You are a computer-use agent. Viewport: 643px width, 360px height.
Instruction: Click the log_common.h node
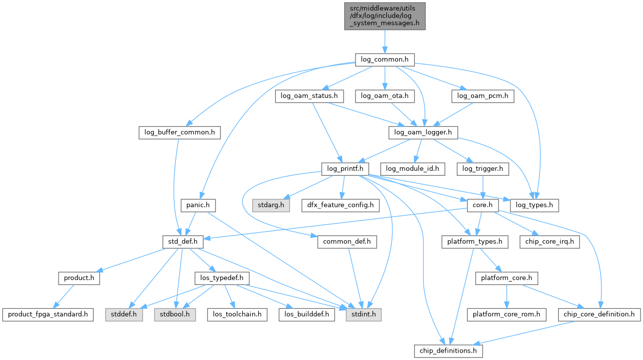coord(384,60)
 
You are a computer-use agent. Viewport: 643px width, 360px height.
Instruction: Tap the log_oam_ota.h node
coord(385,96)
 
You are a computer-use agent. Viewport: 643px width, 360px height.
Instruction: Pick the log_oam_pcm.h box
coord(483,96)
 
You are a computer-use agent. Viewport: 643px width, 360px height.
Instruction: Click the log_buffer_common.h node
coord(179,132)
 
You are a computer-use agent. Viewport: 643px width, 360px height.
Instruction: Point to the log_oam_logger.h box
coord(423,132)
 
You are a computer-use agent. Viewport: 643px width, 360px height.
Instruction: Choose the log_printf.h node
coord(346,169)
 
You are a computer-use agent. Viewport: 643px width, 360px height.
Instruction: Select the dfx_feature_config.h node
coord(340,205)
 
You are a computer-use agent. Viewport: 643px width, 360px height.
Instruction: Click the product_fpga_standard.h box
coord(48,314)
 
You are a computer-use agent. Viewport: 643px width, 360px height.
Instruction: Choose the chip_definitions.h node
coord(448,351)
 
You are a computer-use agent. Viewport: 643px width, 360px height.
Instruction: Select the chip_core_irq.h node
coord(549,242)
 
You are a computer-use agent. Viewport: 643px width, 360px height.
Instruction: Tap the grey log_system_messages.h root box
coord(385,16)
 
